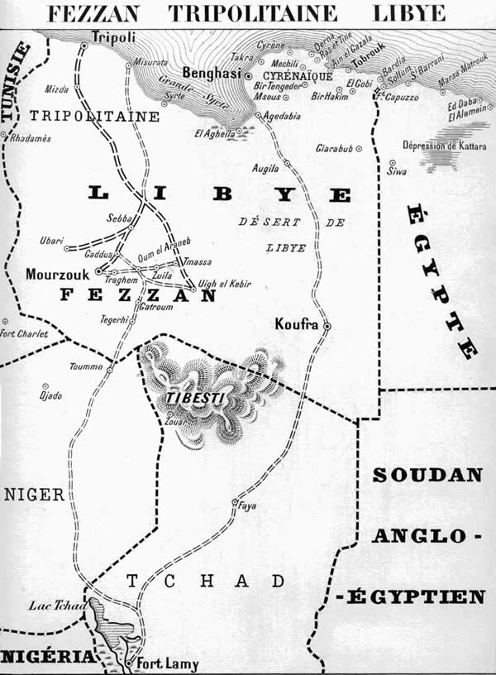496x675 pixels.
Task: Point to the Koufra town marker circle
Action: [327, 327]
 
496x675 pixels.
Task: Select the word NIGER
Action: [34, 495]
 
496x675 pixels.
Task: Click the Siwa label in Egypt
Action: [397, 171]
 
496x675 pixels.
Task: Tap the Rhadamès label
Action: [31, 138]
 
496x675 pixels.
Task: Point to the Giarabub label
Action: [334, 149]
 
